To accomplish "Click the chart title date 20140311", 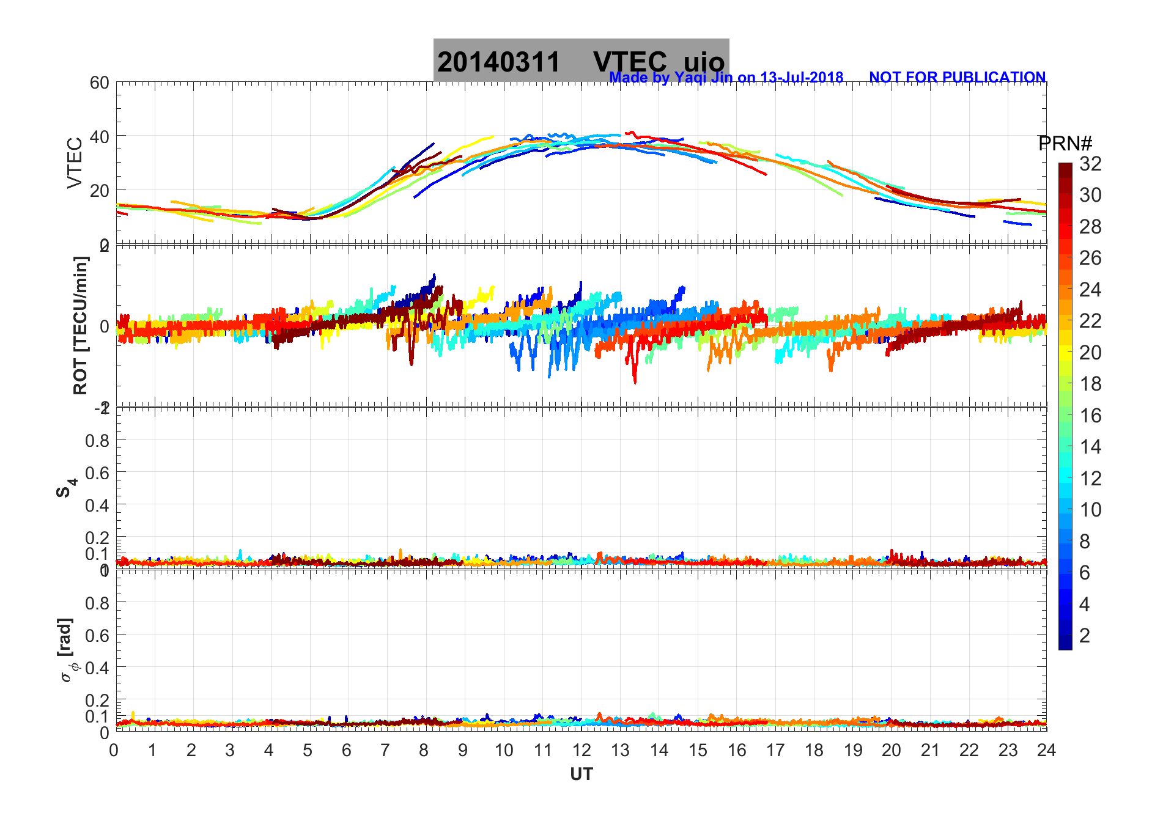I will [x=498, y=62].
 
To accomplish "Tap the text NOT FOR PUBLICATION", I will [x=957, y=78].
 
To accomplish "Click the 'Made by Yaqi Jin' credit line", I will [x=726, y=78].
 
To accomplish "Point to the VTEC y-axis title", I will [x=75, y=163].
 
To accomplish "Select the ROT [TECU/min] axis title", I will [x=80, y=325].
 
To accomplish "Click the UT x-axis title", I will [x=581, y=774].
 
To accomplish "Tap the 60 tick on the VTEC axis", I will [x=100, y=83].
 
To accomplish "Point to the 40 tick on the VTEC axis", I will [x=100, y=136].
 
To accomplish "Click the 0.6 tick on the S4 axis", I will [x=97, y=473].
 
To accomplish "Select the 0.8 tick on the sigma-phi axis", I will [x=97, y=603].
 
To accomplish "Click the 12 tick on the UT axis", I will [x=581, y=750].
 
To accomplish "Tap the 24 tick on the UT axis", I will [x=1046, y=750].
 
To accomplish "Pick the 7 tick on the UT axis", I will [x=385, y=750].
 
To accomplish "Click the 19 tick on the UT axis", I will [x=852, y=750].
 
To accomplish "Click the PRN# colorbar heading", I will [x=1065, y=144].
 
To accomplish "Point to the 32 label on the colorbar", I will [x=1090, y=163].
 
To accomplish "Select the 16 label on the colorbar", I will [x=1090, y=416].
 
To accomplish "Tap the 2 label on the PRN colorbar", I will [x=1085, y=636].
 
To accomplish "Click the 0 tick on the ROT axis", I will [x=105, y=326].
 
